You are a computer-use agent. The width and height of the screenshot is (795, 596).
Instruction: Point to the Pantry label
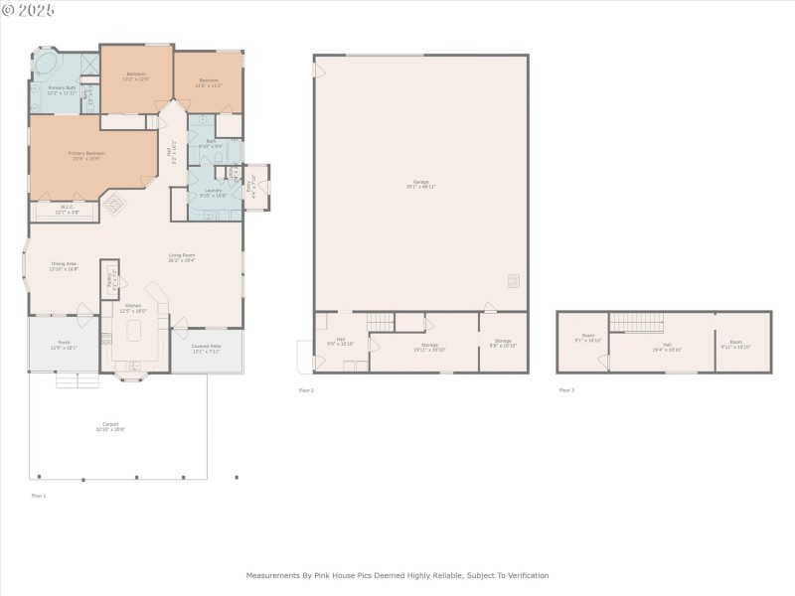[110, 279]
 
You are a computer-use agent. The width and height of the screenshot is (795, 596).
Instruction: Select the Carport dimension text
[110, 429]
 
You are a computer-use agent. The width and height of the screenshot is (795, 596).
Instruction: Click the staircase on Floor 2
[380, 321]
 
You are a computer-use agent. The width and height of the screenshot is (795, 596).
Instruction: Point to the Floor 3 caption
[565, 390]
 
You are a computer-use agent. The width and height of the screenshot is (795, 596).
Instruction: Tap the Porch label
[63, 344]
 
